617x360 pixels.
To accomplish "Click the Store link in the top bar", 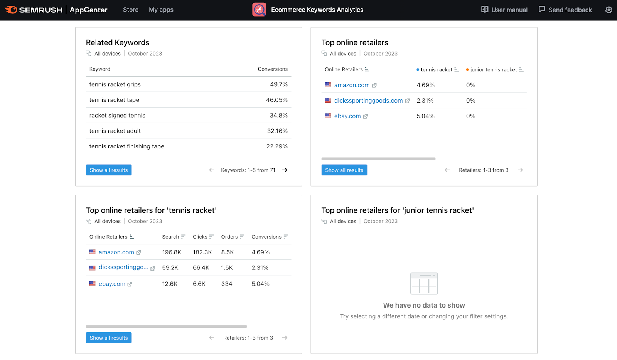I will (x=131, y=10).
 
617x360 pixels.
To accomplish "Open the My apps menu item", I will (x=161, y=10).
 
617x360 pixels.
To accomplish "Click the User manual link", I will (x=504, y=10).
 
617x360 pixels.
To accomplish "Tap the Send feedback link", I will (x=565, y=10).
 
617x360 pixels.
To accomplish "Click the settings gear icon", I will (x=609, y=10).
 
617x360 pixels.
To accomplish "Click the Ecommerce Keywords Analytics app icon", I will (x=259, y=10).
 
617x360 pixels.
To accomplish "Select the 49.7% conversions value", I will (x=278, y=84).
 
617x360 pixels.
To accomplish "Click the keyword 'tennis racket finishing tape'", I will (x=126, y=146).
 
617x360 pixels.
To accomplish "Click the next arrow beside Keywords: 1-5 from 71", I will (x=285, y=170).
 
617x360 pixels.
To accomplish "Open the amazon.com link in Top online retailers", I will (x=352, y=85).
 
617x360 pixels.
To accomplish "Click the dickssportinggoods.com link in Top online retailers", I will (x=368, y=101).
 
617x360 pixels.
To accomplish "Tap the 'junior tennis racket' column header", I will (x=493, y=70).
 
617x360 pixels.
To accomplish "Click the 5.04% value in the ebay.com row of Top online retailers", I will (x=425, y=116).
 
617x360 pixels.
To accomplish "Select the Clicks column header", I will (x=200, y=237).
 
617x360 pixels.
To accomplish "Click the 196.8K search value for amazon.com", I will (x=172, y=252).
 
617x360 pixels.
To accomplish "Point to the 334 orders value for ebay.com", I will (x=227, y=284).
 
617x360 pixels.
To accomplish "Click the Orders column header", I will (x=229, y=237).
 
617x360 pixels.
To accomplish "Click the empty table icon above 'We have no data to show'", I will (x=424, y=283).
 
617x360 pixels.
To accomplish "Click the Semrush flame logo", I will (x=11, y=10).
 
